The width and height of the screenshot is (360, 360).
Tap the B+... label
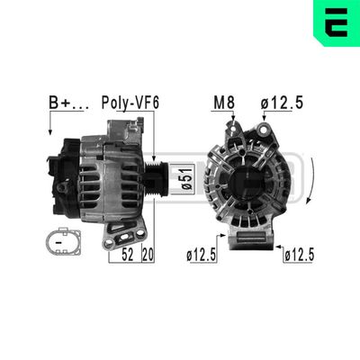tap(67, 103)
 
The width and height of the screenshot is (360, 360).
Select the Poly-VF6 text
tap(130, 103)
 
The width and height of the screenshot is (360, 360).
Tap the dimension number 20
tap(149, 255)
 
